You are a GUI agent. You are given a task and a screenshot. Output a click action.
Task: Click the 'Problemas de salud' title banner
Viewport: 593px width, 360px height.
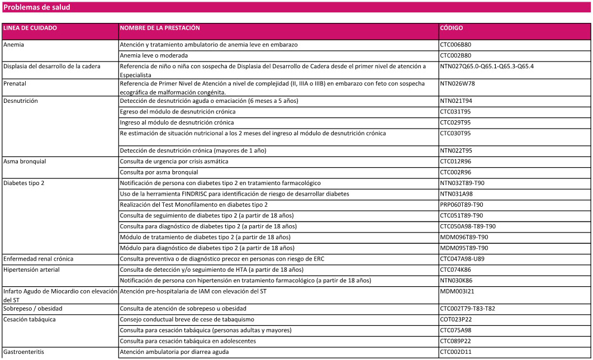coord(37,7)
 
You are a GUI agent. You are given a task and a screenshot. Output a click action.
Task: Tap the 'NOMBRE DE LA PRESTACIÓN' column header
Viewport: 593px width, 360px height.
coord(160,28)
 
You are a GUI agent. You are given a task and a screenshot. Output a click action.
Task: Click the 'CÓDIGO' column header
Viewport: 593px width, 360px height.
coord(451,28)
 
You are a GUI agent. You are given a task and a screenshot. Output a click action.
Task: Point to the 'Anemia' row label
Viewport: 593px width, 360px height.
coord(13,44)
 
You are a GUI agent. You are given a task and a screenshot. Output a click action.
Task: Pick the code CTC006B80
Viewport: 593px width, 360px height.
coord(456,44)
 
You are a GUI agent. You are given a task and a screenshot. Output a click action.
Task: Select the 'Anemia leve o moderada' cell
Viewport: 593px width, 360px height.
coord(154,55)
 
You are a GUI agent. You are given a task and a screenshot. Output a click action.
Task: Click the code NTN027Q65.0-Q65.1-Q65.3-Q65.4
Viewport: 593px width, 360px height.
coord(487,67)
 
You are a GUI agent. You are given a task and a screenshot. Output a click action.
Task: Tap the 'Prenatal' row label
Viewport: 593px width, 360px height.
coord(15,84)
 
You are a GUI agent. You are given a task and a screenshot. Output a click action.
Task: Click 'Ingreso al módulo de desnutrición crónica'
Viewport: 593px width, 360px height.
coord(177,122)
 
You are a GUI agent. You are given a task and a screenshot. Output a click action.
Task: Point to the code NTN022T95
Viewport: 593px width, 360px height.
coord(456,150)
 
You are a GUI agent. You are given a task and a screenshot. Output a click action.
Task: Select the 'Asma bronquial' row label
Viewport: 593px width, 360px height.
coord(25,162)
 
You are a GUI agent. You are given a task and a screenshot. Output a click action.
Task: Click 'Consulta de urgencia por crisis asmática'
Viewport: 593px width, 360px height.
coord(174,162)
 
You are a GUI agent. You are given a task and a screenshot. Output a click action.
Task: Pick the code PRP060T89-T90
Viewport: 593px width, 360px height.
coord(462,205)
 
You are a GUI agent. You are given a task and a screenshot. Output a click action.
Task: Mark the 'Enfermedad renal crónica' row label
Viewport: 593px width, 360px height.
coord(39,259)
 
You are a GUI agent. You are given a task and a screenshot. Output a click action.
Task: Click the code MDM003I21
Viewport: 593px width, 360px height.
coord(457,291)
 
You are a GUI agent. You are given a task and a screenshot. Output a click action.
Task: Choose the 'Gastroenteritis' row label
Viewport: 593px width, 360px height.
coord(23,352)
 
